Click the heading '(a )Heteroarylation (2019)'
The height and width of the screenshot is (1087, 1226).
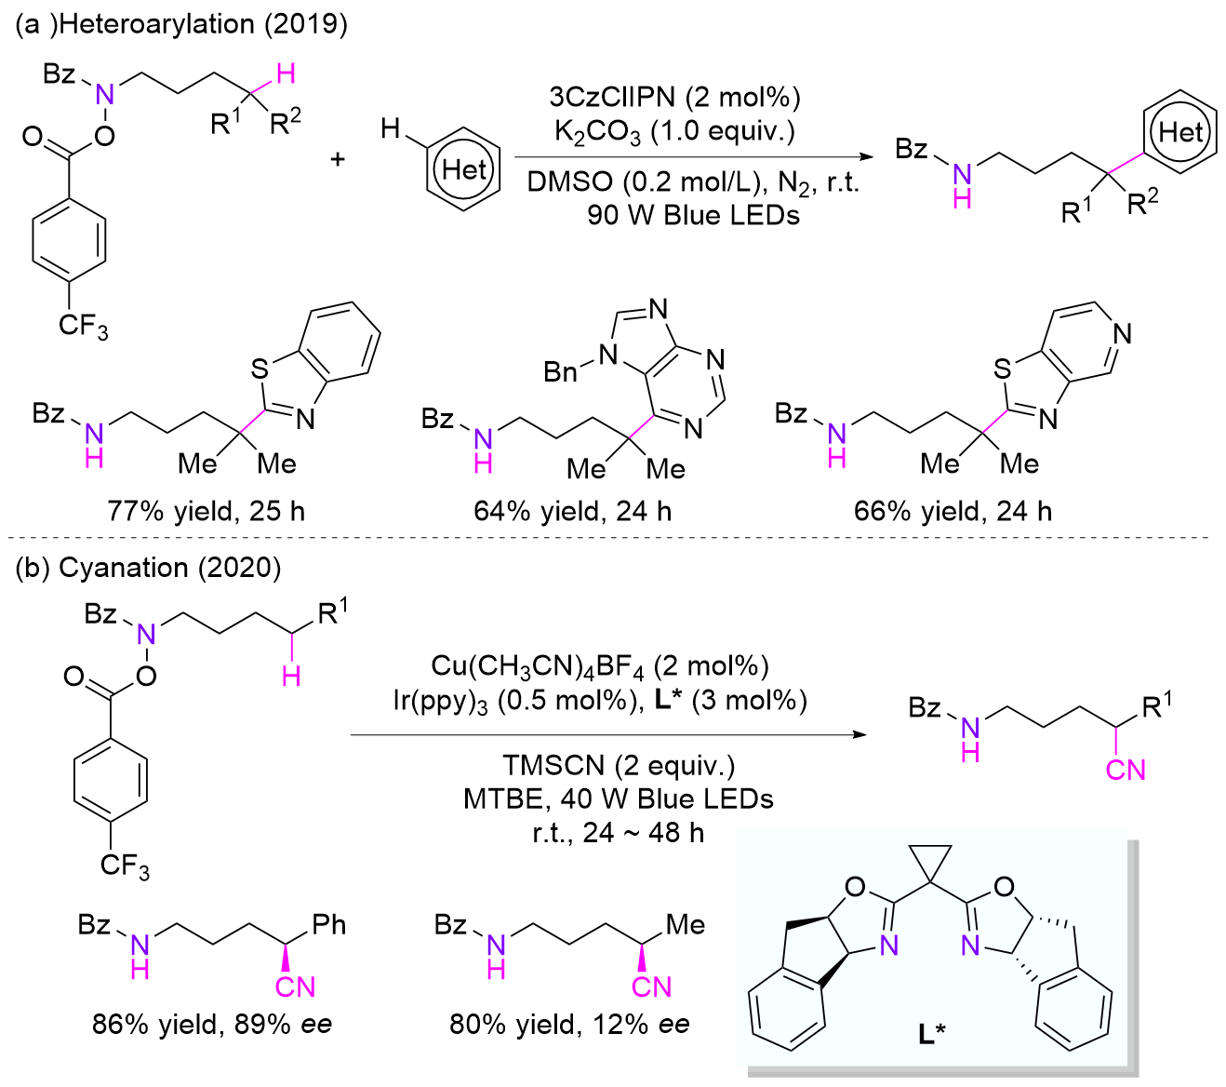tap(181, 24)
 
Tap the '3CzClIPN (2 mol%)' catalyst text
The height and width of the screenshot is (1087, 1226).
tap(674, 97)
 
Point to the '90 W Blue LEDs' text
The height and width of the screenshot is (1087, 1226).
tap(693, 215)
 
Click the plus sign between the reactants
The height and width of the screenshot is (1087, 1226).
tap(337, 159)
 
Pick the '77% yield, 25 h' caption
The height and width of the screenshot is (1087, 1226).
tap(206, 511)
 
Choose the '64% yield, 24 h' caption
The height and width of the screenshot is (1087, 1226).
tap(572, 511)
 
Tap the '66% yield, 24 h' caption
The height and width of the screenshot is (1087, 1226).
tap(952, 511)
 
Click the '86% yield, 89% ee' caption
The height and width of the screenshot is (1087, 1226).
tap(212, 1025)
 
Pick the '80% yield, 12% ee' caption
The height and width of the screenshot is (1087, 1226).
tap(569, 1025)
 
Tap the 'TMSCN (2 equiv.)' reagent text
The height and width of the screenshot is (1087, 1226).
tap(619, 765)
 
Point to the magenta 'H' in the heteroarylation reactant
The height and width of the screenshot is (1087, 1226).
tap(287, 73)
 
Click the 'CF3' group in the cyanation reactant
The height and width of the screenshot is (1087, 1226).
tap(125, 866)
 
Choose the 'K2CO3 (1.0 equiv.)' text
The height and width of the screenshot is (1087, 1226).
tap(674, 131)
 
